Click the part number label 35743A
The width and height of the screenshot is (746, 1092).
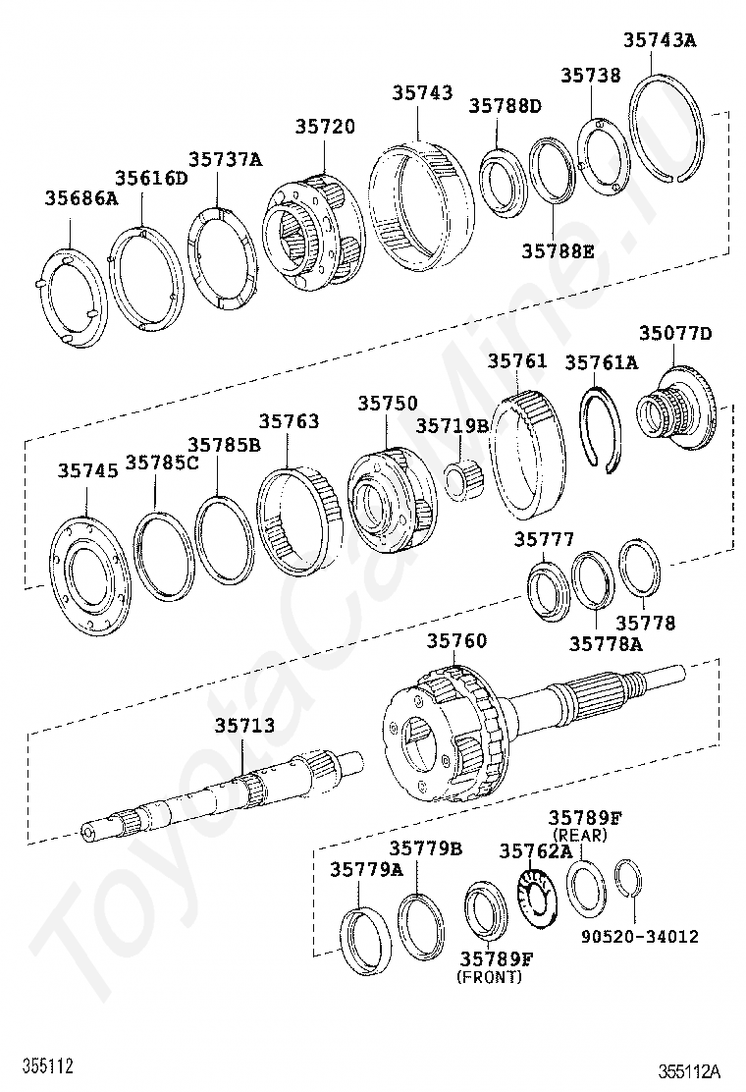tap(659, 40)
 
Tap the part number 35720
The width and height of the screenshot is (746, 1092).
tap(325, 127)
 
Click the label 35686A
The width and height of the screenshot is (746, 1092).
tap(81, 198)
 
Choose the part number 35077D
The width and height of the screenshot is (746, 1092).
tap(675, 334)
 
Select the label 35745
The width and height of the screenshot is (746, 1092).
tap(87, 470)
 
